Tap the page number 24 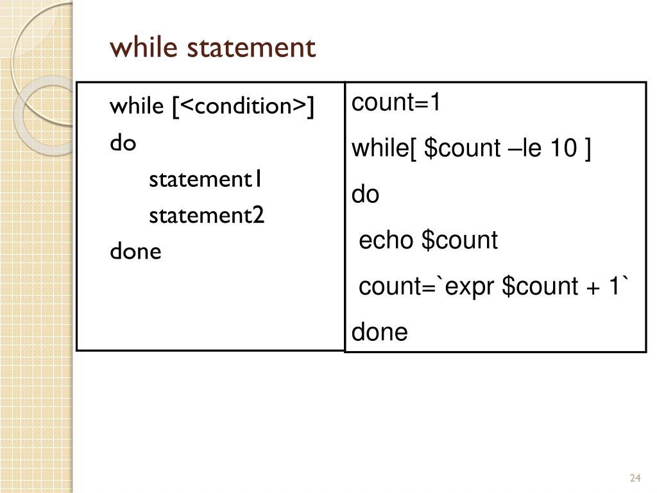[636, 478]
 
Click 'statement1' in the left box [205, 179]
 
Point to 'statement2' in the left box [206, 216]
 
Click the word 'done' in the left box [135, 251]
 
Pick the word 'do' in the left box [123, 143]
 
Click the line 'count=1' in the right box [396, 103]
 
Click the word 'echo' [386, 241]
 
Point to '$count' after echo [459, 241]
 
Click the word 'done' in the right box [379, 333]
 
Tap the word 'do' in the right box [366, 195]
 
